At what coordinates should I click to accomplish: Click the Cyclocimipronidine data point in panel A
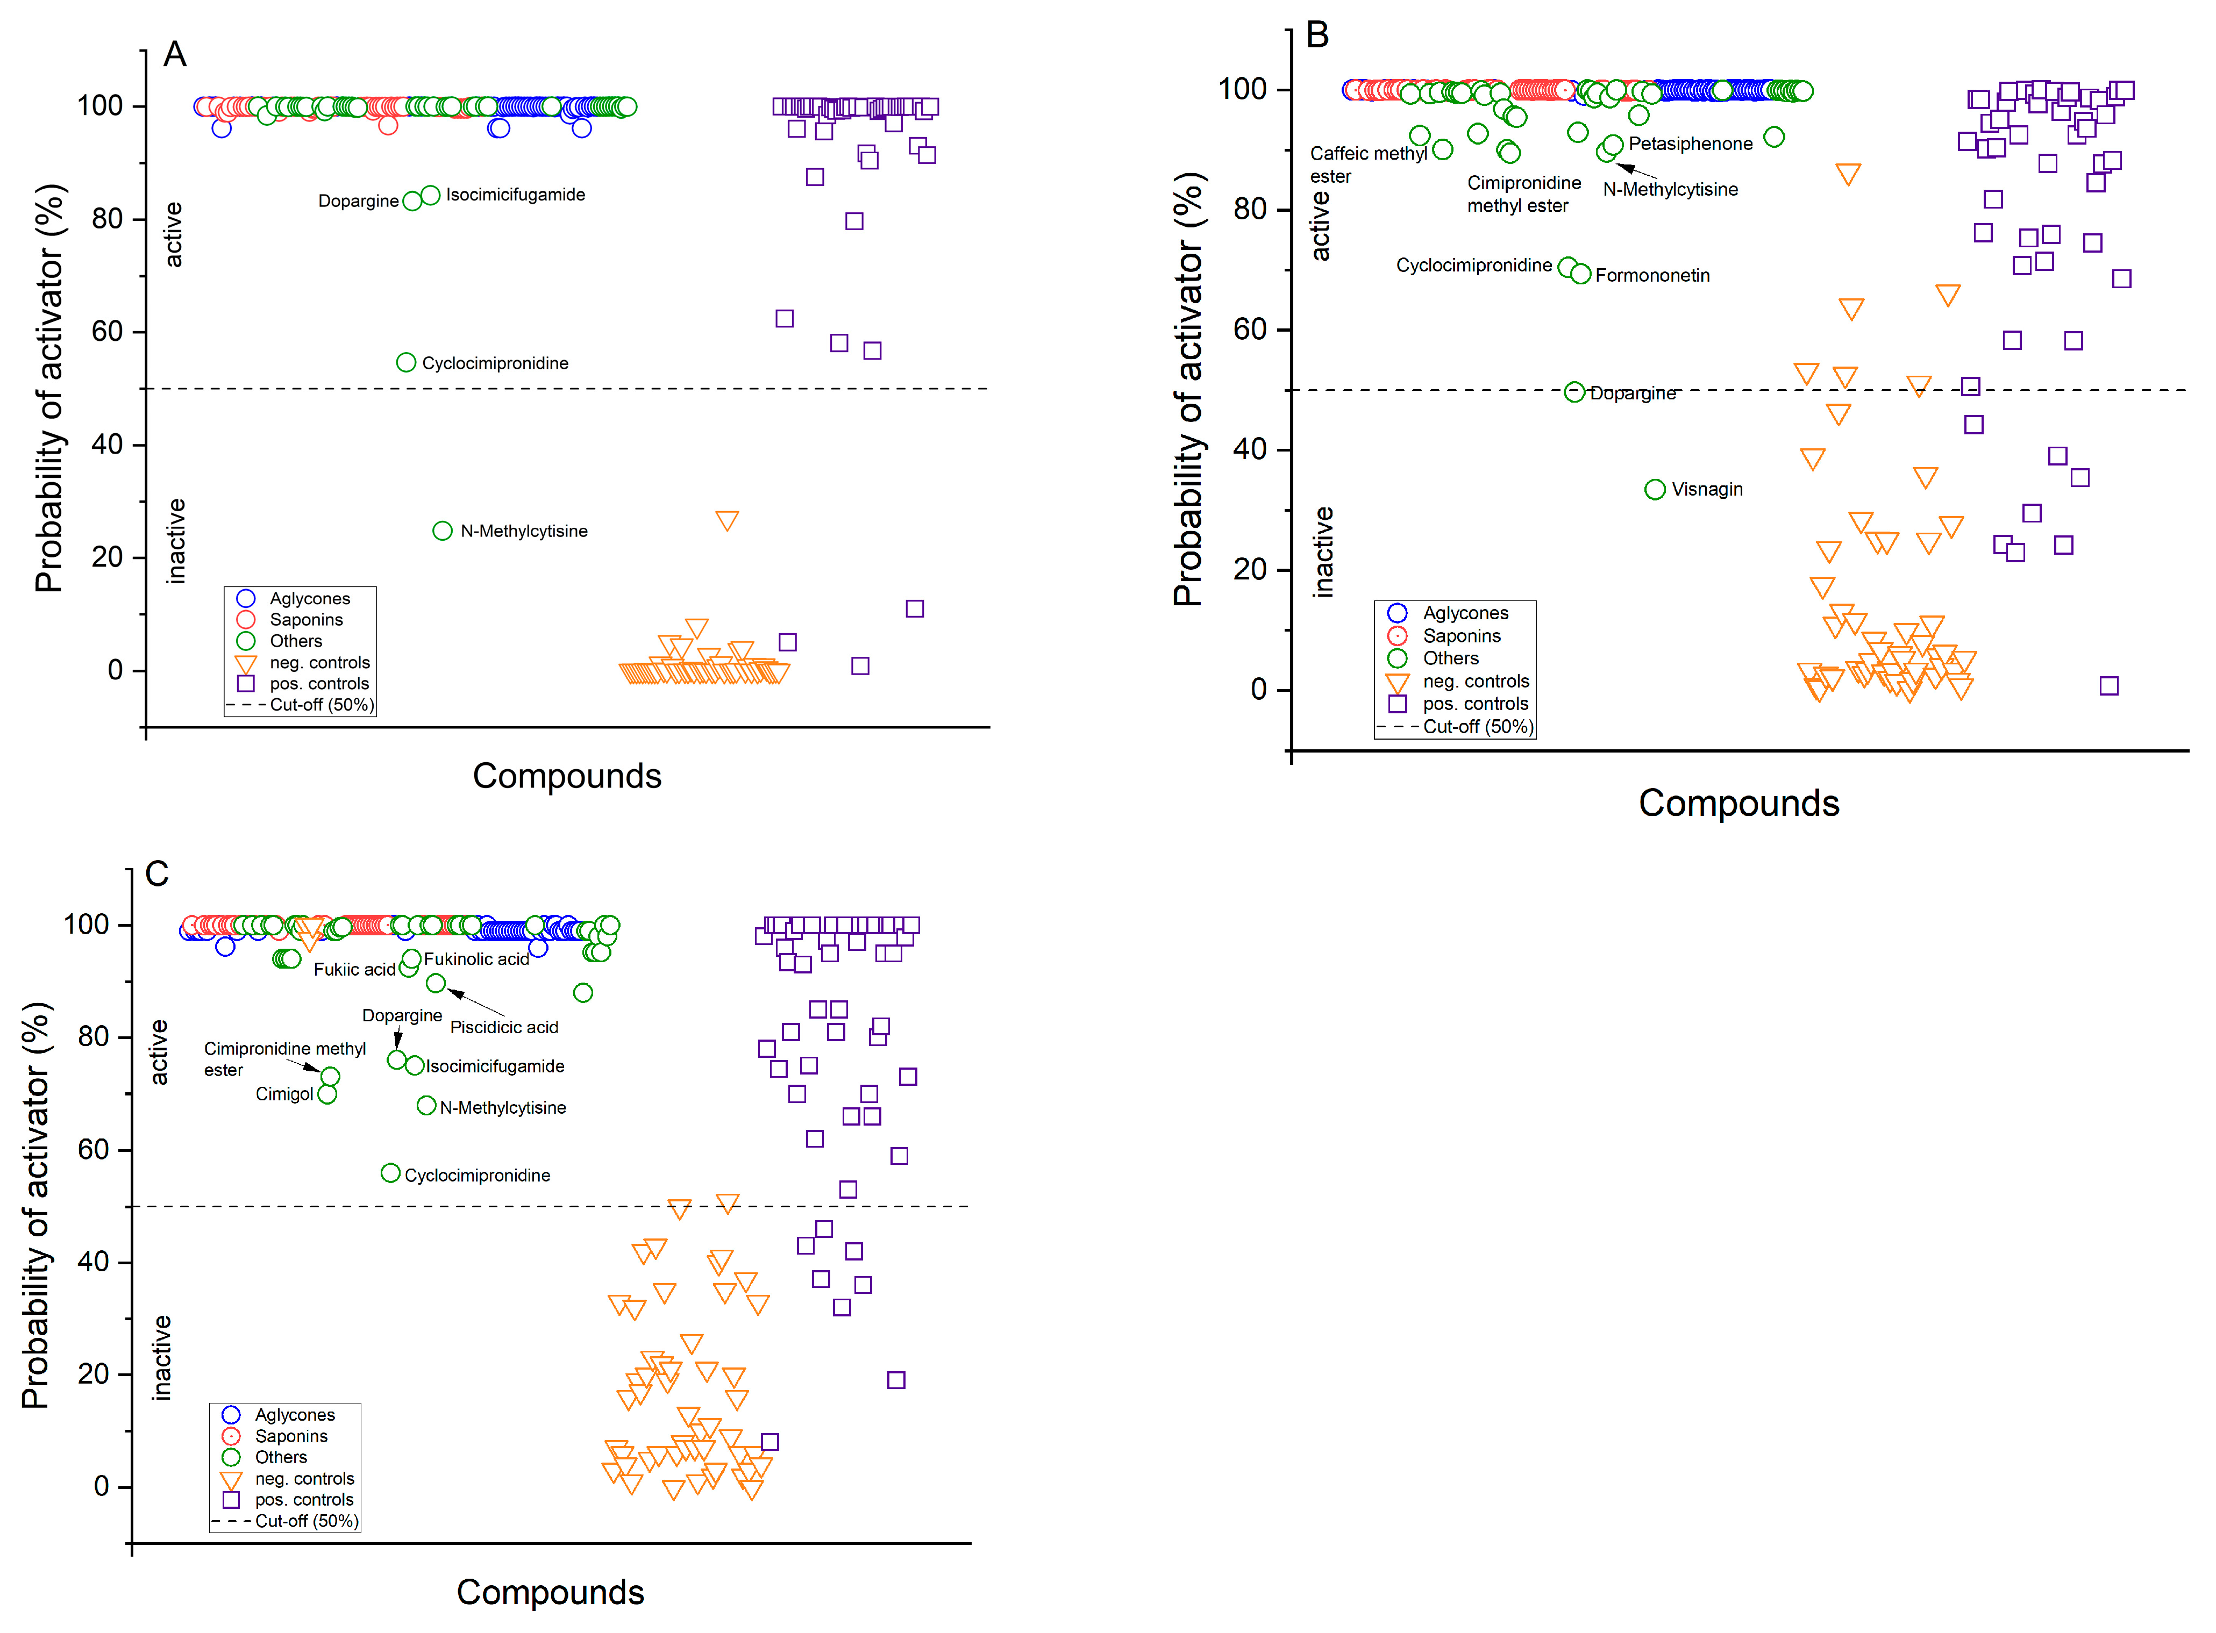coord(405,363)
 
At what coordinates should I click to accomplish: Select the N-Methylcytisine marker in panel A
coord(442,531)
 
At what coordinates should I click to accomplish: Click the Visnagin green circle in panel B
coord(1654,489)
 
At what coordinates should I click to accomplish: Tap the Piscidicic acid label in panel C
coord(503,1027)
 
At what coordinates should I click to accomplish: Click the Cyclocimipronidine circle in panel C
coord(390,1173)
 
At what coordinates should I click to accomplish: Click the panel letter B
coord(1317,35)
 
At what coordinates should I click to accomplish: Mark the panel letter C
coord(157,874)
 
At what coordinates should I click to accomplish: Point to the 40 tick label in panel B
coord(1249,450)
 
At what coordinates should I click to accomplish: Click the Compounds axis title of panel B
coord(1738,803)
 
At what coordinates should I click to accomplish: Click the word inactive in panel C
coord(161,1357)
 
